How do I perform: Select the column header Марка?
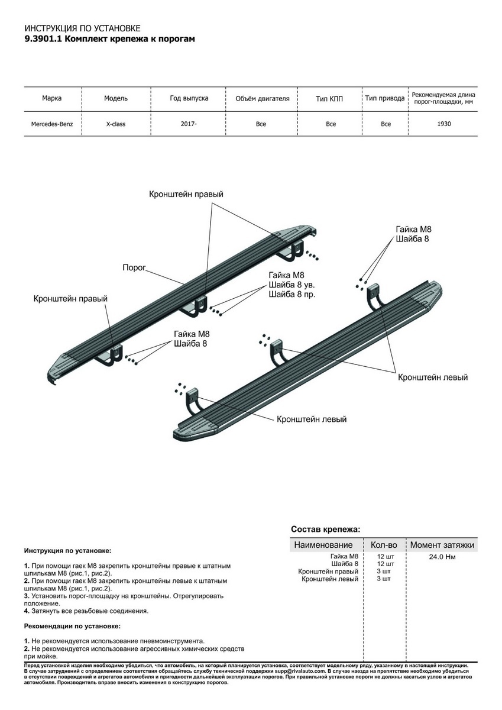(52, 98)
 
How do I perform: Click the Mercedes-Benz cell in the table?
(52, 124)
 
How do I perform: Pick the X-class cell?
(115, 124)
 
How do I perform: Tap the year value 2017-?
(189, 124)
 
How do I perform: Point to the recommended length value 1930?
(444, 124)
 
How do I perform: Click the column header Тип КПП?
(329, 98)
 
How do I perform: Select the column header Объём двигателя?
(262, 98)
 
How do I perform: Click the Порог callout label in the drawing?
(134, 266)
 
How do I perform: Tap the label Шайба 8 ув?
(287, 285)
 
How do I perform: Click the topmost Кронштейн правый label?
(186, 194)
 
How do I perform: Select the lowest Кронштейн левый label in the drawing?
(312, 419)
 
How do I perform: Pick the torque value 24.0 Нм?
(442, 557)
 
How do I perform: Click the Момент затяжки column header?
(442, 545)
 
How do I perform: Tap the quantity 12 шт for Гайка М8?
(384, 557)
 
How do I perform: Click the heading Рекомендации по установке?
(72, 625)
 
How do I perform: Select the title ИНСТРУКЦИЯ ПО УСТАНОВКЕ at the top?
(82, 28)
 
